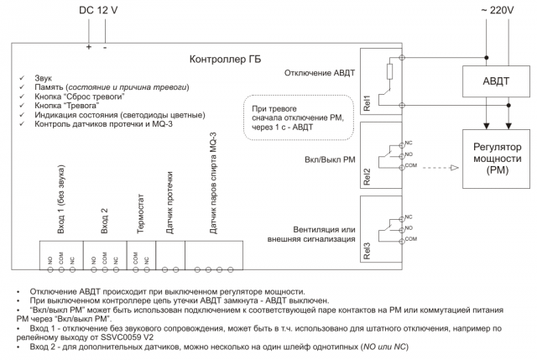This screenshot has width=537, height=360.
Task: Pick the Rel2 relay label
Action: click(367, 176)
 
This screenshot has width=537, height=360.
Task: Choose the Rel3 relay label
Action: click(367, 251)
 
